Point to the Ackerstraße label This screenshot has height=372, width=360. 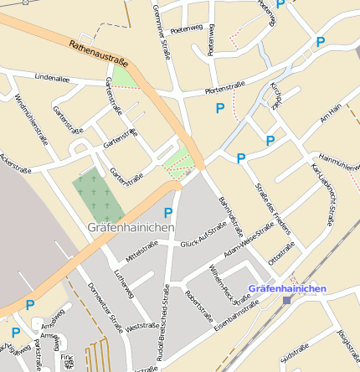click(14, 163)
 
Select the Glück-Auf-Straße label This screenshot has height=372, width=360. click(203, 235)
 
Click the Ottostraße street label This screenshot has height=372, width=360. click(280, 255)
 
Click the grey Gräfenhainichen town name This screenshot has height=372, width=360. click(131, 227)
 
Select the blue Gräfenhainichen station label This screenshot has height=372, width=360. click(287, 288)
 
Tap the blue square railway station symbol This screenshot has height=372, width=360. click(287, 299)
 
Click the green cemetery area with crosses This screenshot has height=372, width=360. click(99, 195)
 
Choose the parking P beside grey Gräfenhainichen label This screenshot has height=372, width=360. click(168, 213)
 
